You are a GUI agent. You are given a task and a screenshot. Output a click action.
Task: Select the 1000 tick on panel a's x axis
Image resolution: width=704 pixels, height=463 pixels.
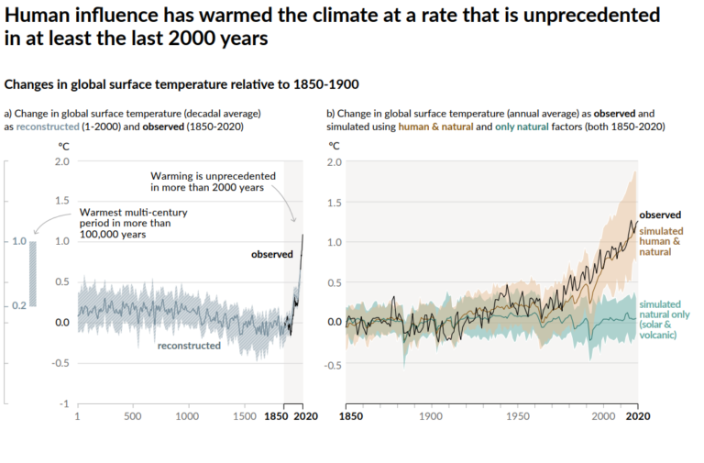click(188, 416)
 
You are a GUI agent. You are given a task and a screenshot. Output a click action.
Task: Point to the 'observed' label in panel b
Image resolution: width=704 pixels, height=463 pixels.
click(659, 215)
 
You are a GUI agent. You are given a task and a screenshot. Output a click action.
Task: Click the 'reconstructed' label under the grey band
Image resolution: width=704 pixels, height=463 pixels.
click(189, 346)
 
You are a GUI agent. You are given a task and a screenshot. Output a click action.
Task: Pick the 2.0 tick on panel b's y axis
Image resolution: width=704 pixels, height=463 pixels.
click(335, 161)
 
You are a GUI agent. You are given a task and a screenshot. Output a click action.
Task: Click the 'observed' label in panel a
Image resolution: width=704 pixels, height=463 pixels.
click(271, 254)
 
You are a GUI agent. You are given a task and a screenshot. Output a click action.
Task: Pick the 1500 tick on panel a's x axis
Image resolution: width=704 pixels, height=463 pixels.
click(244, 416)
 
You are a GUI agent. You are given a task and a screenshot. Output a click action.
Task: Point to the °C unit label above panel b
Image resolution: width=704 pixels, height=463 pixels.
click(335, 145)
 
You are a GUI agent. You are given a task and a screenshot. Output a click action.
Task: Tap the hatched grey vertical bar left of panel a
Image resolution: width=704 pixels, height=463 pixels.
click(33, 273)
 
